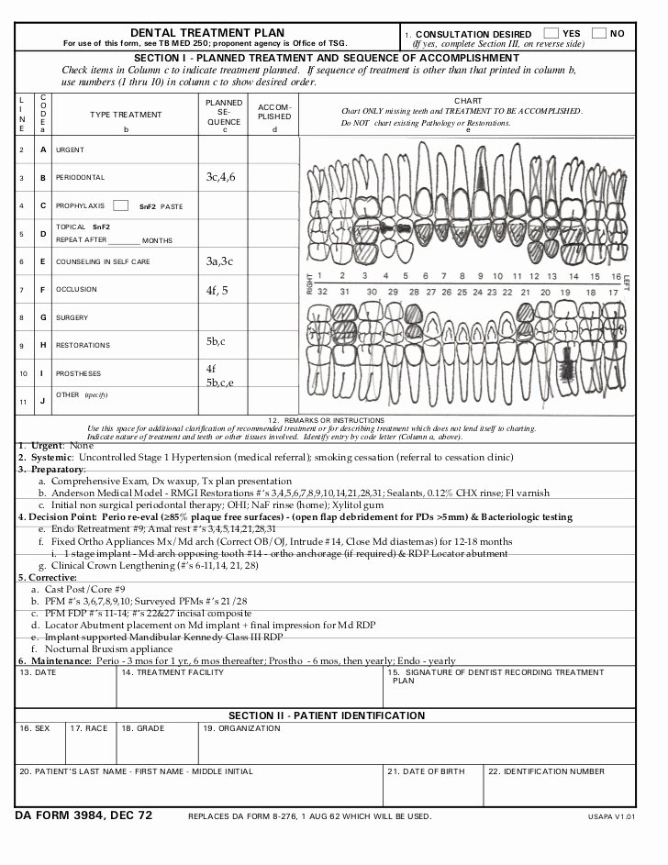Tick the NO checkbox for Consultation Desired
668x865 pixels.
pyautogui.click(x=599, y=33)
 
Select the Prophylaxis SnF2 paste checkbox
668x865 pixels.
pyautogui.click(x=120, y=205)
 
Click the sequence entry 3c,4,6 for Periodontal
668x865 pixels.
pyautogui.click(x=220, y=176)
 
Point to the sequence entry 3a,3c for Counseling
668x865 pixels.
pyautogui.click(x=220, y=261)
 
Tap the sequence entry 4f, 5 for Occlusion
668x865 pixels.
pyautogui.click(x=217, y=290)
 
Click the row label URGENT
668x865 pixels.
pyautogui.click(x=70, y=150)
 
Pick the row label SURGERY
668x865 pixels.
pyautogui.click(x=72, y=317)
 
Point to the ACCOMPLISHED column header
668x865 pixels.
pyautogui.click(x=274, y=112)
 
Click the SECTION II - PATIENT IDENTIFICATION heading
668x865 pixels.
pyautogui.click(x=326, y=715)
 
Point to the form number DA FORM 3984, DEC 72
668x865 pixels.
pyautogui.click(x=83, y=815)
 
